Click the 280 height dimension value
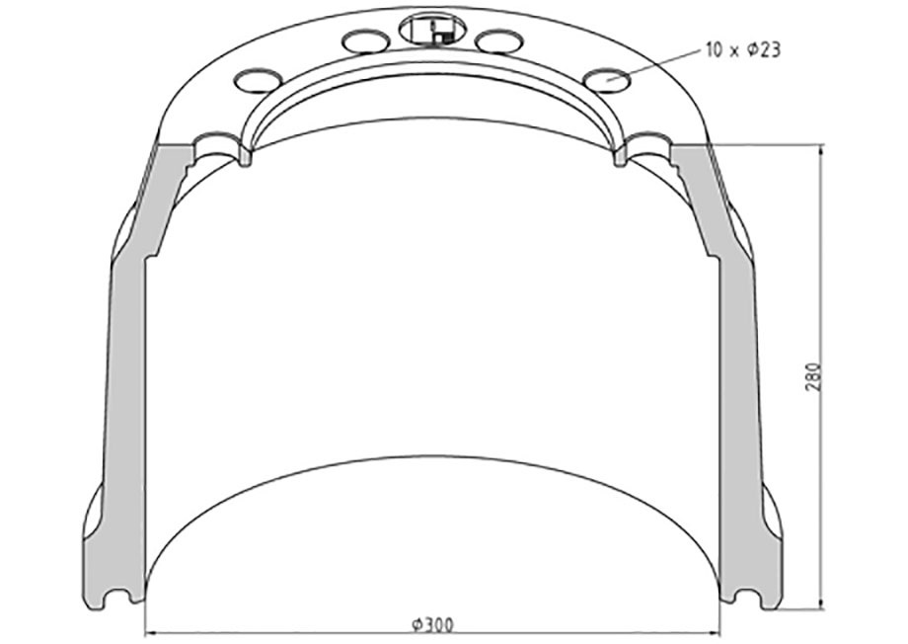click(x=813, y=375)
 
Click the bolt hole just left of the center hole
click(x=363, y=41)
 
